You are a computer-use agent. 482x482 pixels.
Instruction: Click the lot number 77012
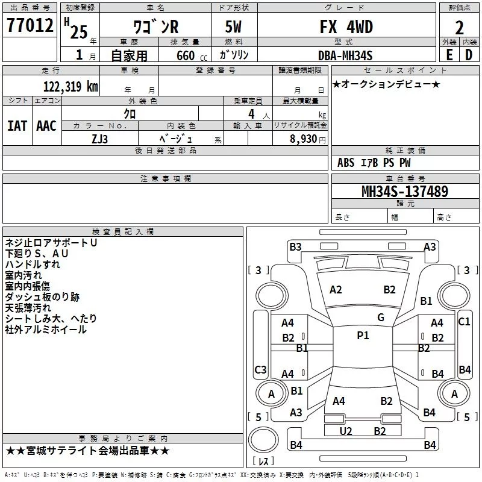(30, 25)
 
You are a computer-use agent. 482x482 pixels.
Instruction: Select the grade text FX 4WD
(346, 27)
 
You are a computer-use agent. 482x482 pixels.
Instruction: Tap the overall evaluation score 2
(459, 28)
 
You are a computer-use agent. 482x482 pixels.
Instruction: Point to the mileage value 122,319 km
(70, 86)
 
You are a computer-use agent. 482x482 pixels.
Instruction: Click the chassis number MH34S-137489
(405, 191)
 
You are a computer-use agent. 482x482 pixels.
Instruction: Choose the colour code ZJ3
(99, 139)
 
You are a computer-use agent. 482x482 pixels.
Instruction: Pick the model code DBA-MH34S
(345, 55)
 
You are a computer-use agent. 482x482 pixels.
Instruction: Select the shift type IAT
(17, 126)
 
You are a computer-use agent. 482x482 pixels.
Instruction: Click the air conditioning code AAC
(46, 126)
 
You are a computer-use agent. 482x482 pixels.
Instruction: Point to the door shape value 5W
(233, 27)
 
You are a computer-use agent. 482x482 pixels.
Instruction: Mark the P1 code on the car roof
(363, 335)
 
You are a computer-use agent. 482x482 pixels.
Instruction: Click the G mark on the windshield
(381, 317)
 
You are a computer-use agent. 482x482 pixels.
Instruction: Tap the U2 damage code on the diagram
(345, 431)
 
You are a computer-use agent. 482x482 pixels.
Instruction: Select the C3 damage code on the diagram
(260, 369)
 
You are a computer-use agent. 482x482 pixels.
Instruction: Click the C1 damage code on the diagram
(464, 322)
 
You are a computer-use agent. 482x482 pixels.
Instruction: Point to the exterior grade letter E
(449, 55)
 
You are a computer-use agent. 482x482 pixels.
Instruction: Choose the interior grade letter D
(469, 55)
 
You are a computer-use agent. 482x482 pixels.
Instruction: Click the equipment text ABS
(346, 163)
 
